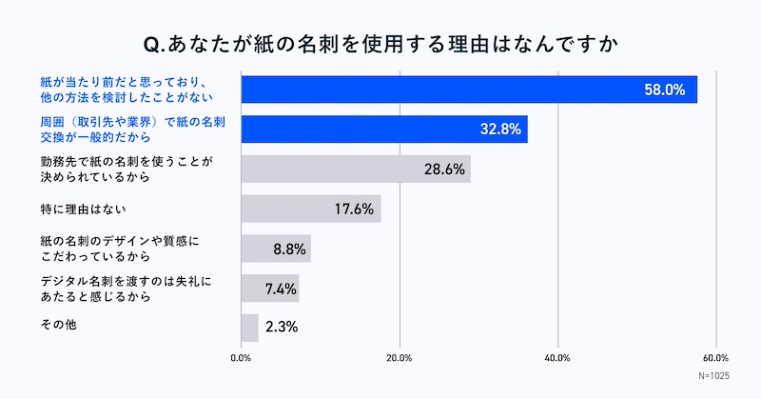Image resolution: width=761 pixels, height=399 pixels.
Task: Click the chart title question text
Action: click(380, 44)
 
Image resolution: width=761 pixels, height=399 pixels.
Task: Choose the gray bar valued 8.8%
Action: click(276, 249)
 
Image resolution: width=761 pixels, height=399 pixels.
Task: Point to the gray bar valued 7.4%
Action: click(270, 289)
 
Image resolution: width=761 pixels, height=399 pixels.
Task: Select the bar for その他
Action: click(250, 328)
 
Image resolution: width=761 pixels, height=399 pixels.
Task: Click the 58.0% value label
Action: click(663, 90)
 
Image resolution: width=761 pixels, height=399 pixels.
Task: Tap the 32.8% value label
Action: click(498, 130)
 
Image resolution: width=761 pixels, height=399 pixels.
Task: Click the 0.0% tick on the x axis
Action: click(242, 358)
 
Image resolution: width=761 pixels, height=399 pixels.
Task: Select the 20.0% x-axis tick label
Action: click(400, 358)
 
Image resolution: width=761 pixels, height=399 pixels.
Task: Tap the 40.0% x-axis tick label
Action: click(557, 358)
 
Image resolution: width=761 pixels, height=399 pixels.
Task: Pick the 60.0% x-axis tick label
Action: click(715, 358)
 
